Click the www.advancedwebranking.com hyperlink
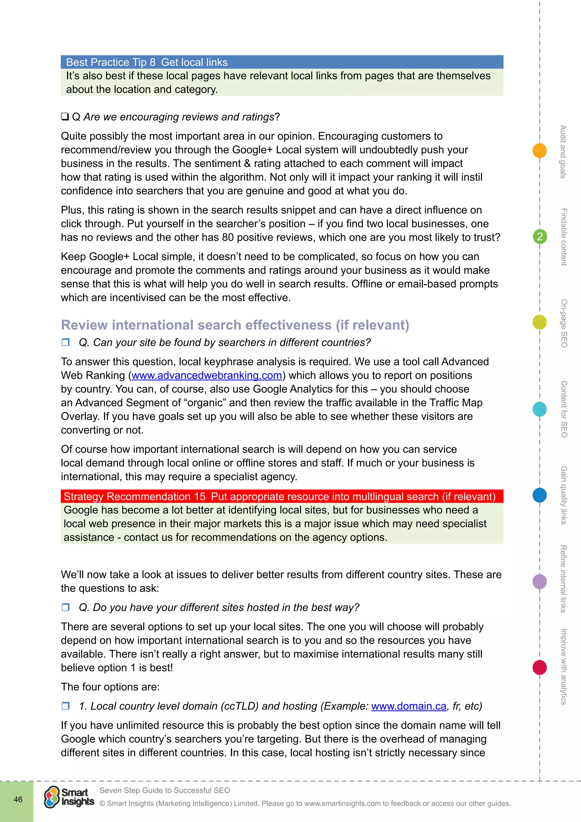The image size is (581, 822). [x=207, y=375]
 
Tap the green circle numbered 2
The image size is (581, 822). [x=540, y=237]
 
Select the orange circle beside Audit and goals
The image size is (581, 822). [x=540, y=150]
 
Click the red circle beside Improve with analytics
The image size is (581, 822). [x=540, y=667]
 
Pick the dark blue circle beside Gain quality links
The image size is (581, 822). [x=540, y=495]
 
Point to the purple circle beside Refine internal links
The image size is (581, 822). [x=540, y=581]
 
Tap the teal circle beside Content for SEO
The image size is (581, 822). [x=540, y=409]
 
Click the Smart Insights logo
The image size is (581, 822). [x=69, y=797]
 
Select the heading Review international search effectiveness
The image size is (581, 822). [x=235, y=325]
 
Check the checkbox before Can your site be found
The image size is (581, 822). [x=66, y=342]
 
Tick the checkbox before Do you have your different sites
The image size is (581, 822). [x=66, y=607]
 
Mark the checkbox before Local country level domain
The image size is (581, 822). [x=66, y=706]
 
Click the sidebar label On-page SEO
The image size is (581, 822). [x=563, y=323]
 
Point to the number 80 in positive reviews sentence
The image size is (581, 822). [x=228, y=237]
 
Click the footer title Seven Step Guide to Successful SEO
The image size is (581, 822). [x=165, y=790]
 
